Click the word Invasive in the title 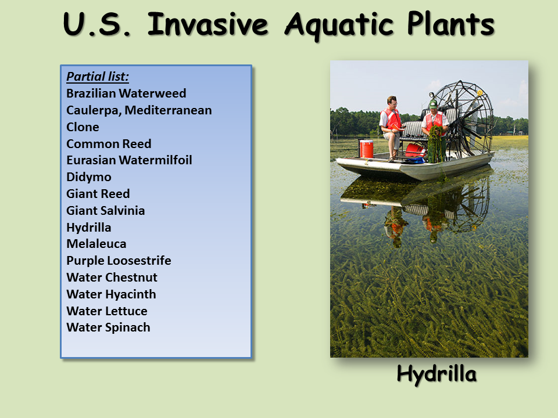(x=208, y=24)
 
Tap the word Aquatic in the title (x=339, y=25)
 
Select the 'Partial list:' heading (x=98, y=77)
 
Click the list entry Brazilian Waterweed (x=126, y=93)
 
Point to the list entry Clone (x=83, y=127)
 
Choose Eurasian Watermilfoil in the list (x=129, y=160)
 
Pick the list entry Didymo (x=89, y=177)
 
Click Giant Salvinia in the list (x=106, y=210)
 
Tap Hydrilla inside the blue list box (x=89, y=228)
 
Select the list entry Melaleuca (x=96, y=244)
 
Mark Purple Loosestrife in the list (x=119, y=261)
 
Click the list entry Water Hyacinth (x=112, y=294)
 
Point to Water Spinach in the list (x=109, y=327)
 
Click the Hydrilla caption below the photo (x=437, y=374)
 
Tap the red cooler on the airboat (x=366, y=149)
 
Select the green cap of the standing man (x=432, y=104)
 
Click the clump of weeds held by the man (x=436, y=145)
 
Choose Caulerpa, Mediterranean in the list (x=139, y=110)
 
